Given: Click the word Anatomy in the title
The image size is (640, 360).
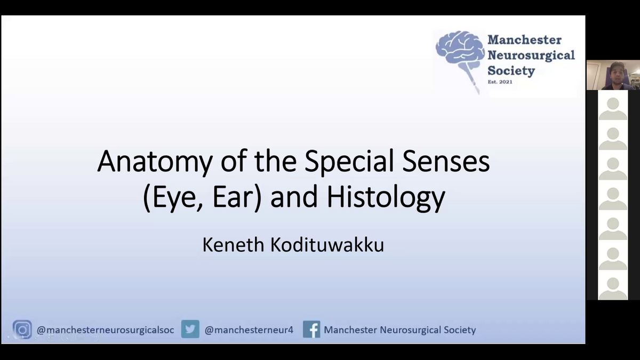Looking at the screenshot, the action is [155, 162].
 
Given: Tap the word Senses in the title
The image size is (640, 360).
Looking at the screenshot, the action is [446, 162].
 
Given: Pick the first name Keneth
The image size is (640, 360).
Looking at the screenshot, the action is [233, 245].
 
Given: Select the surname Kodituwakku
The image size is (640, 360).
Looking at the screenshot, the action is [327, 245].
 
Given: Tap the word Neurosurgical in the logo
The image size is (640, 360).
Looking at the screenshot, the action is [531, 55].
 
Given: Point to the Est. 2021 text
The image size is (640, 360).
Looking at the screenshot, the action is [500, 82].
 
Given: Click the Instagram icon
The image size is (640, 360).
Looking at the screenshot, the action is [22, 330].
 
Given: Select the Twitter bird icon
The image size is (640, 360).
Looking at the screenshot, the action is [190, 329].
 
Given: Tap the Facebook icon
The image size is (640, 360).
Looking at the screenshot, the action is [311, 329].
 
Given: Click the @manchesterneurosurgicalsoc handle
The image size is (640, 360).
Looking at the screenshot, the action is [105, 330].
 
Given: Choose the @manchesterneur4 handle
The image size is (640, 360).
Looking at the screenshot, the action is [249, 330].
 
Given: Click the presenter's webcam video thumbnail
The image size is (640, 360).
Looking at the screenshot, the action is [613, 75].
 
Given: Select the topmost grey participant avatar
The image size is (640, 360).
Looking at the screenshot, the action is [613, 109].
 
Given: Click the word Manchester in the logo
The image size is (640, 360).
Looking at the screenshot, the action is [524, 39].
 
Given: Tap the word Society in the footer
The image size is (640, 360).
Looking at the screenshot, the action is [459, 330].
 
